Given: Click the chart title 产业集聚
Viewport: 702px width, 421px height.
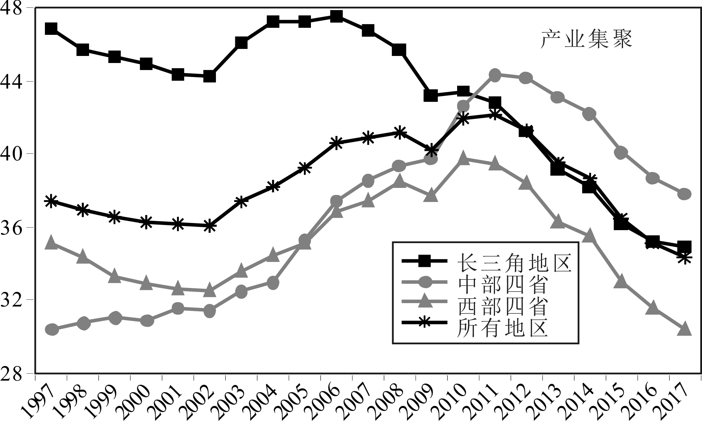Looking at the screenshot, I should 586,40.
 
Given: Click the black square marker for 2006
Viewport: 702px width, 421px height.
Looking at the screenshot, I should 336,16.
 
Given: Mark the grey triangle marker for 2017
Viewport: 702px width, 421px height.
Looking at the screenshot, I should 684,329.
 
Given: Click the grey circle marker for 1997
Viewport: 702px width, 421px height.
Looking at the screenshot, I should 51,329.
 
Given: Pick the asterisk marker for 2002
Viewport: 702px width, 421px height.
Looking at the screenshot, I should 210,225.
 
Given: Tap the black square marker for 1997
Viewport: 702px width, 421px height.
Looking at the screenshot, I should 51,29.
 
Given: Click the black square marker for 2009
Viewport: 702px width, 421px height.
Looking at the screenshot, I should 431,95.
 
